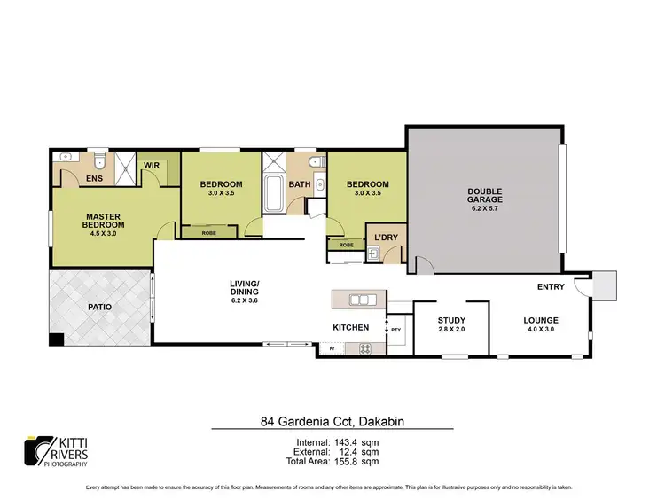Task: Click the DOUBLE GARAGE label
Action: [486, 195]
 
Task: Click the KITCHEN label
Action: [350, 328]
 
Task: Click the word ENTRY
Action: [551, 286]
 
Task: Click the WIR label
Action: [151, 164]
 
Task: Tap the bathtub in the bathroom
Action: [273, 194]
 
